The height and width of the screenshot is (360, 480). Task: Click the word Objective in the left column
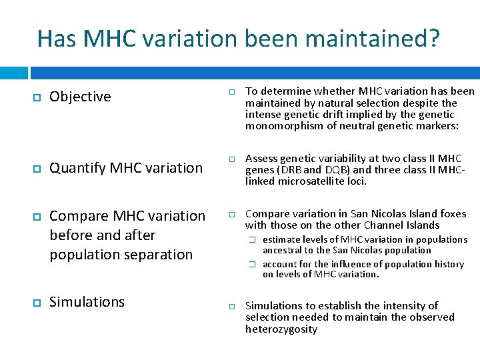[x=80, y=97]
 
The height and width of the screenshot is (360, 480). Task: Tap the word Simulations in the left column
[x=87, y=302]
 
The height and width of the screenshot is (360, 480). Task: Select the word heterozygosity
[x=281, y=329]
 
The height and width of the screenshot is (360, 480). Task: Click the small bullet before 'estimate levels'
[x=253, y=239]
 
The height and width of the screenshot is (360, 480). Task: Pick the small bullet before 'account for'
[x=253, y=264]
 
